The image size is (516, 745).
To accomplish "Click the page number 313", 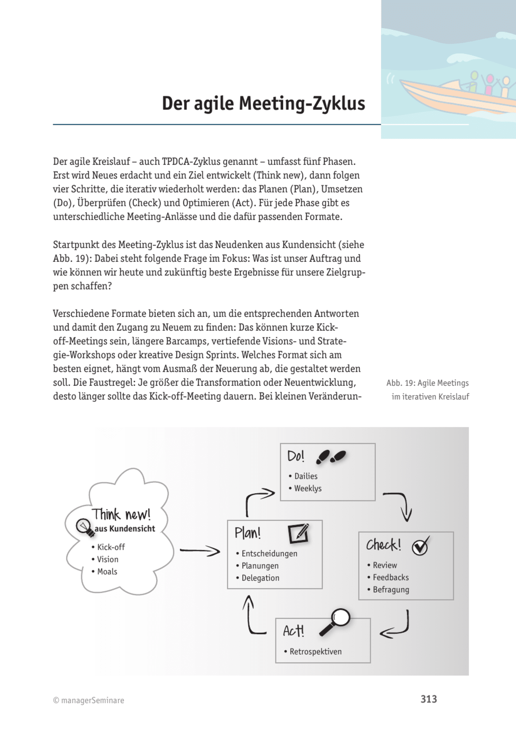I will [428, 699].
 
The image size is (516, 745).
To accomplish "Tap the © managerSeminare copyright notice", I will [89, 700].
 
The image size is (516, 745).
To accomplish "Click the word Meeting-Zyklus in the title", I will [302, 104].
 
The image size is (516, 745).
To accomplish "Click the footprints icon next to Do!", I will [331, 456].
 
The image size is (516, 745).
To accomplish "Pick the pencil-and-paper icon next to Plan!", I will [299, 533].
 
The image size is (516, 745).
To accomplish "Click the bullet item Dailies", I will [305, 476].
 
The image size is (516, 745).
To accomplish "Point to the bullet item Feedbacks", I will [391, 578].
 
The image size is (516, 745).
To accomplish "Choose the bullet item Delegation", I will [260, 578].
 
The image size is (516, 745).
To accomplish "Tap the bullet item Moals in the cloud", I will [107, 572].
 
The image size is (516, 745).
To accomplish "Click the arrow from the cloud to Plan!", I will [200, 551].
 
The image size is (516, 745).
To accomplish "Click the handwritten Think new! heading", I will [121, 514].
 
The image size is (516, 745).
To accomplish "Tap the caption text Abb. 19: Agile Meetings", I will [427, 383].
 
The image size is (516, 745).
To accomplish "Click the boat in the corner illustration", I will [457, 96].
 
